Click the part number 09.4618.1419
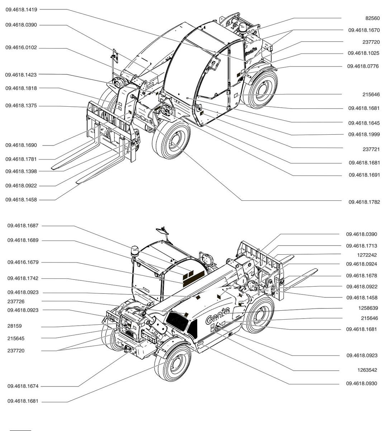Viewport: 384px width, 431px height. click(x=21, y=10)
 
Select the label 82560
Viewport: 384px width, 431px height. click(x=372, y=18)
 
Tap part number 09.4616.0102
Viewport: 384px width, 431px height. click(x=21, y=48)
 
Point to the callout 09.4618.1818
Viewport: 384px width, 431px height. click(x=21, y=88)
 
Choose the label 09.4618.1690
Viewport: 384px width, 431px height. click(x=21, y=145)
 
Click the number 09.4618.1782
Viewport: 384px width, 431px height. click(x=364, y=202)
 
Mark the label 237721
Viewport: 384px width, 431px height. click(x=371, y=149)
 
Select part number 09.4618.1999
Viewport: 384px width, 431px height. click(x=364, y=134)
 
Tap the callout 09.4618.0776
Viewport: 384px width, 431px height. click(x=363, y=66)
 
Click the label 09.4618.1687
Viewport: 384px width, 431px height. click(x=23, y=226)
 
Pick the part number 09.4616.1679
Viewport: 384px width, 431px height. click(x=23, y=263)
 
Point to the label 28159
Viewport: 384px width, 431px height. click(x=14, y=326)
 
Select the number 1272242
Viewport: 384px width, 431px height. click(x=367, y=255)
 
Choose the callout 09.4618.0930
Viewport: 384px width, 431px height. click(x=361, y=384)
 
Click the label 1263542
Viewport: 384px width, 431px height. click(x=367, y=370)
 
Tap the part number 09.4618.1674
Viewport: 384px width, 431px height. click(x=23, y=386)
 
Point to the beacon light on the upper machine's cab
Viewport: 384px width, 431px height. click(x=242, y=28)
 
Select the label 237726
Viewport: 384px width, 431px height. click(x=16, y=301)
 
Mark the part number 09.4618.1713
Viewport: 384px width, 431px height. click(x=361, y=246)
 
